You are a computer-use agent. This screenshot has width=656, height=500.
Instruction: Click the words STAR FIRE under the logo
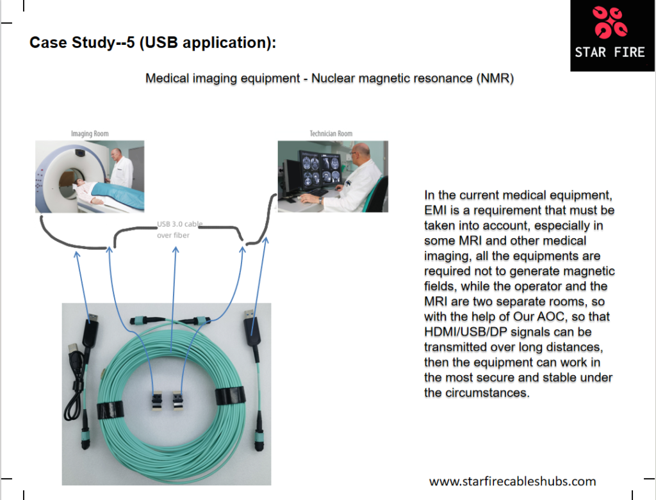click(x=609, y=52)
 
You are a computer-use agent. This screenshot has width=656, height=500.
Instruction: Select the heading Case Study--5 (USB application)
click(x=153, y=44)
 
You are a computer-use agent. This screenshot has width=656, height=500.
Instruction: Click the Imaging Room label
click(x=90, y=134)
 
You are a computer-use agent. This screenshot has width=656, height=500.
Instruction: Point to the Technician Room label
click(x=331, y=134)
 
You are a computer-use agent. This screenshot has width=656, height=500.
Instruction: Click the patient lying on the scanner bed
click(x=96, y=190)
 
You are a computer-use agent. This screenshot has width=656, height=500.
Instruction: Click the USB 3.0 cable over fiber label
click(x=179, y=230)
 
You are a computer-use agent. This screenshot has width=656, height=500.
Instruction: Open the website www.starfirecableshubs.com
click(x=512, y=481)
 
